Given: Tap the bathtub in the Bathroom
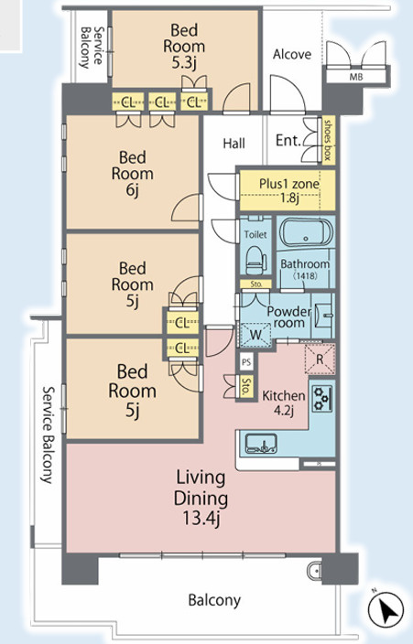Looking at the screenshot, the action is click(x=306, y=233).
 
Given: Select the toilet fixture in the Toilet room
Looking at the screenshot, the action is click(x=256, y=260).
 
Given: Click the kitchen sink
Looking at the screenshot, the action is click(x=261, y=444).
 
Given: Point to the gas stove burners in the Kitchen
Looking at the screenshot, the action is click(x=321, y=399).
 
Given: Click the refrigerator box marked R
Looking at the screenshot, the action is click(x=320, y=360).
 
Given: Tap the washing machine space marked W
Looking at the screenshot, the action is click(x=255, y=335).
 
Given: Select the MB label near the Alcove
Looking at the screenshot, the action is click(x=356, y=77).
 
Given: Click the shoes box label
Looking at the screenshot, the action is click(x=328, y=140).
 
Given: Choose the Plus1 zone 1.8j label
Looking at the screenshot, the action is click(x=288, y=190).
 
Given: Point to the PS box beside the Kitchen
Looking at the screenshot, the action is click(x=246, y=362).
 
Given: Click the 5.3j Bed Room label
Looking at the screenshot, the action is click(x=184, y=46).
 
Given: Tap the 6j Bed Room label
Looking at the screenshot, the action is click(x=133, y=173).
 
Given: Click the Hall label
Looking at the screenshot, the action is click(x=234, y=144).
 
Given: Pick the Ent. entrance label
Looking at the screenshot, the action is click(x=288, y=141).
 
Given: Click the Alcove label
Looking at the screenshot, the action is click(x=292, y=54).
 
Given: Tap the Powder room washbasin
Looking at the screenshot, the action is click(x=323, y=316).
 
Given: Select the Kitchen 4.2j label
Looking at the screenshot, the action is click(x=284, y=402).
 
